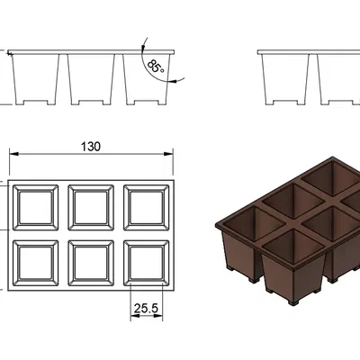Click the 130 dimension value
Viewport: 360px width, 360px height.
[x=91, y=147]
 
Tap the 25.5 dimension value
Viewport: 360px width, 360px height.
[x=146, y=308]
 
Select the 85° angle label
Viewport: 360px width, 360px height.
[x=156, y=67]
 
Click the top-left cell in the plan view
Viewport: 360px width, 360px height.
[x=35, y=208]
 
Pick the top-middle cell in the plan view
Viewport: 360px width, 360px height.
[x=91, y=208]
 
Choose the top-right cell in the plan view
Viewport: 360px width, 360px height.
[x=147, y=208]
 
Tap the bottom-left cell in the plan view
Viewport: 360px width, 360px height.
[x=35, y=263]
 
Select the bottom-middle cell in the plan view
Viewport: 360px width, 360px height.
[x=91, y=263]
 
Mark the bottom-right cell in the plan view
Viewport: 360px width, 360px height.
[x=147, y=263]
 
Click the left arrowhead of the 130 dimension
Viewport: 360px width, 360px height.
[x=13, y=154]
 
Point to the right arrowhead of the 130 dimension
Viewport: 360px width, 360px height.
[x=168, y=154]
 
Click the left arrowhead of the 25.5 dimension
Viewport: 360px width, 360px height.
[x=135, y=316]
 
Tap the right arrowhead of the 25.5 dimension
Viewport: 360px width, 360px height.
[x=158, y=316]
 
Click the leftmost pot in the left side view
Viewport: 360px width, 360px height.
[x=35, y=79]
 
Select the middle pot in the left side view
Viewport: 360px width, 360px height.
[x=91, y=79]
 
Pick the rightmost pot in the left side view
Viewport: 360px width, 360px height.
[x=147, y=79]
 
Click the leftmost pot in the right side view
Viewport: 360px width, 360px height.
[x=285, y=79]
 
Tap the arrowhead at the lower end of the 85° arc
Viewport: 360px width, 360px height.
[x=172, y=80]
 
